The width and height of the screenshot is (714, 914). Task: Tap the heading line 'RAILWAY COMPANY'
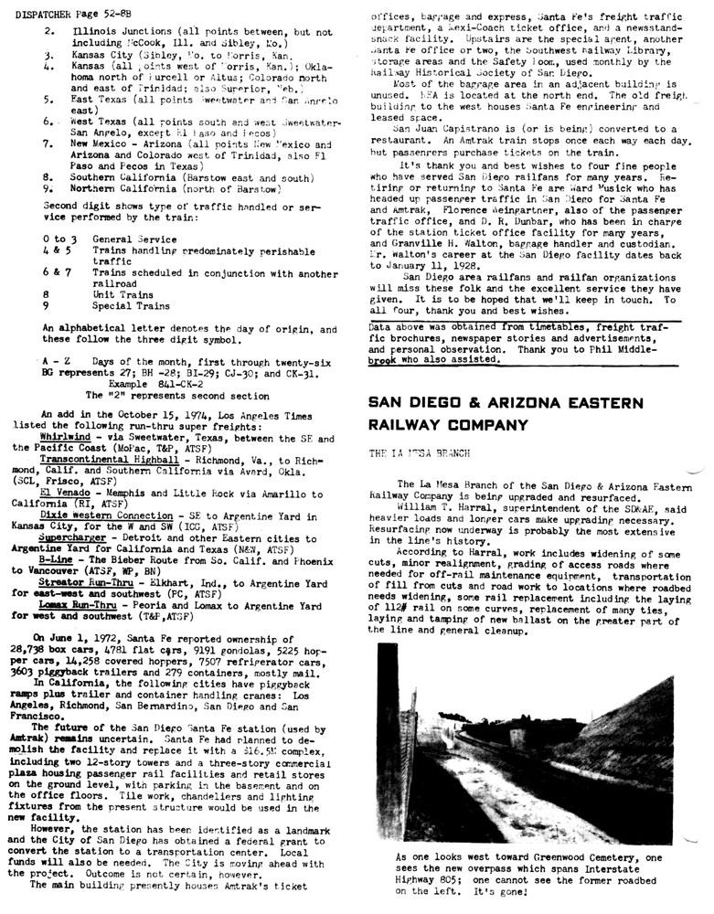coord(448,425)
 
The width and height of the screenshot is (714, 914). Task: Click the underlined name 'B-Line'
coord(56,560)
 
